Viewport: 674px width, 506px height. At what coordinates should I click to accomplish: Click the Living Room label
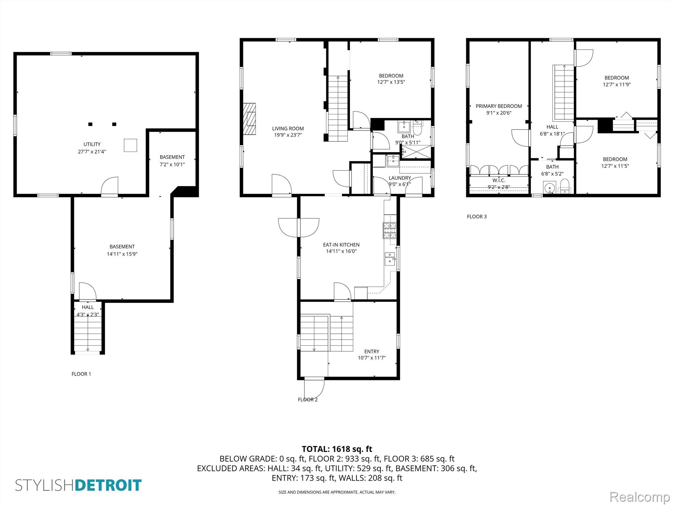pyautogui.click(x=288, y=128)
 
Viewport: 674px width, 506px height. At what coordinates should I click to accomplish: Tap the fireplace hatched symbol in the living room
pyautogui.click(x=249, y=119)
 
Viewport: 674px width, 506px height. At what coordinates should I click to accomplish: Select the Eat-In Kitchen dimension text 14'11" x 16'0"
pyautogui.click(x=341, y=251)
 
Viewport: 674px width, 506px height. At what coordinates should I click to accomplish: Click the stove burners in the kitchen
pyautogui.click(x=390, y=230)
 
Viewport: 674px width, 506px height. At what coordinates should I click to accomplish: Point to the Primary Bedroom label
pyautogui.click(x=499, y=106)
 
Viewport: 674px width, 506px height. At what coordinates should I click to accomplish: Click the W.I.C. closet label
pyautogui.click(x=499, y=181)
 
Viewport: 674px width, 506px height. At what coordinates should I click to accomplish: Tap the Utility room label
pyautogui.click(x=92, y=144)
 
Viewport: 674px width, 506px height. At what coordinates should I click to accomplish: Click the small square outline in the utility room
pyautogui.click(x=130, y=145)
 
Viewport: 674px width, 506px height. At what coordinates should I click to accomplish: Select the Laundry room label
pyautogui.click(x=400, y=178)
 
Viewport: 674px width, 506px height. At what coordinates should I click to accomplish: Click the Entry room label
pyautogui.click(x=372, y=351)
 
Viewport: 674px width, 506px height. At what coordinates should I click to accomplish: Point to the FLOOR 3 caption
pyautogui.click(x=477, y=216)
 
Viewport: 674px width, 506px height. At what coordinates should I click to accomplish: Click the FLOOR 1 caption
pyautogui.click(x=81, y=374)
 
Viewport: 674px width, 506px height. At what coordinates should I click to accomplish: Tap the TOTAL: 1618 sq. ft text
pyautogui.click(x=337, y=449)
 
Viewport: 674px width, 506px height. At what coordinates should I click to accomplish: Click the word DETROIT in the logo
pyautogui.click(x=108, y=485)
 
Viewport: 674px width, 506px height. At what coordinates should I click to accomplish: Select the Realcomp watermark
pyautogui.click(x=639, y=496)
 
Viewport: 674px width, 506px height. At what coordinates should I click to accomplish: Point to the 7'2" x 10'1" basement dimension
pyautogui.click(x=172, y=164)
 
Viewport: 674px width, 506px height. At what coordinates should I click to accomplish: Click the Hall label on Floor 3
pyautogui.click(x=552, y=127)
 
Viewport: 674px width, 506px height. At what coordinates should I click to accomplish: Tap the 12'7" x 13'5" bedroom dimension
pyautogui.click(x=391, y=82)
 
